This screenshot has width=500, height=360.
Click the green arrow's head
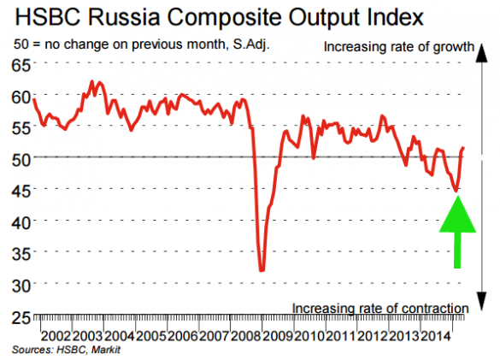tap(457, 215)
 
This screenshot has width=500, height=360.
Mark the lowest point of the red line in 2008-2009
tap(262, 270)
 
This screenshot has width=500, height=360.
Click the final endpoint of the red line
tap(464, 149)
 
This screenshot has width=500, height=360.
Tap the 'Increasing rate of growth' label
tap(397, 48)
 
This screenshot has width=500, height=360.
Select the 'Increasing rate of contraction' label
tap(380, 308)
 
